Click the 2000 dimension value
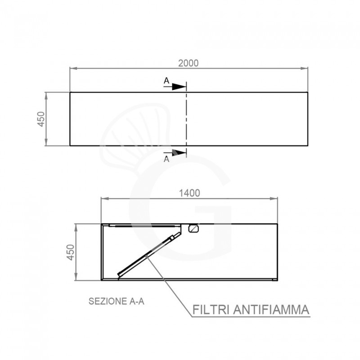click(188, 63)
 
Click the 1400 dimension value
click(189, 193)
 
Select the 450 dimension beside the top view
click(41, 119)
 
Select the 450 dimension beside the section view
click(71, 252)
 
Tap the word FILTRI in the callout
click(211, 310)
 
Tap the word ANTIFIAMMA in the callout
click(271, 310)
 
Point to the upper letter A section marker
click(166, 81)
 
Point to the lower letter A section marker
click(166, 159)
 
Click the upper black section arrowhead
click(179, 86)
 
